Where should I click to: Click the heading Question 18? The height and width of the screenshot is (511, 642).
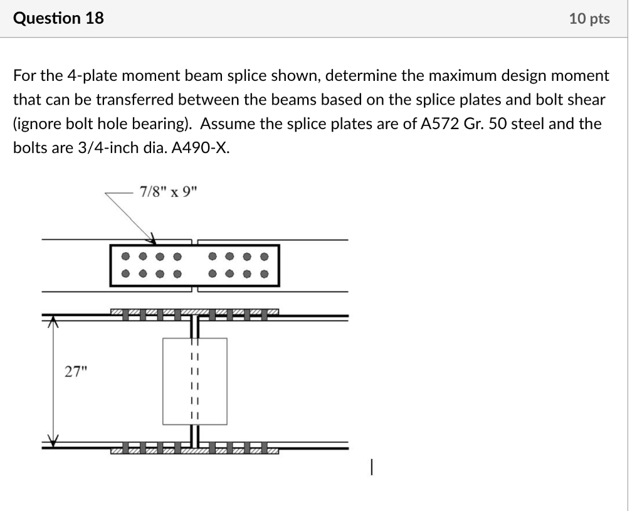(x=58, y=18)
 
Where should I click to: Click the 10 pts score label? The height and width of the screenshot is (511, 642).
(x=589, y=19)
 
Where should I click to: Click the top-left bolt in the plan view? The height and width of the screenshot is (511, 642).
(x=126, y=256)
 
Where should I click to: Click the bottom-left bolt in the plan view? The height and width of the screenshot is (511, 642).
(x=126, y=273)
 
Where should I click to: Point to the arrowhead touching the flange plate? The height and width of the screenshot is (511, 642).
(x=151, y=238)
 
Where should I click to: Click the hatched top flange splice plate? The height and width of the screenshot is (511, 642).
(x=195, y=312)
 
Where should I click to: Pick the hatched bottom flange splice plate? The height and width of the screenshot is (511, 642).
(x=195, y=450)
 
